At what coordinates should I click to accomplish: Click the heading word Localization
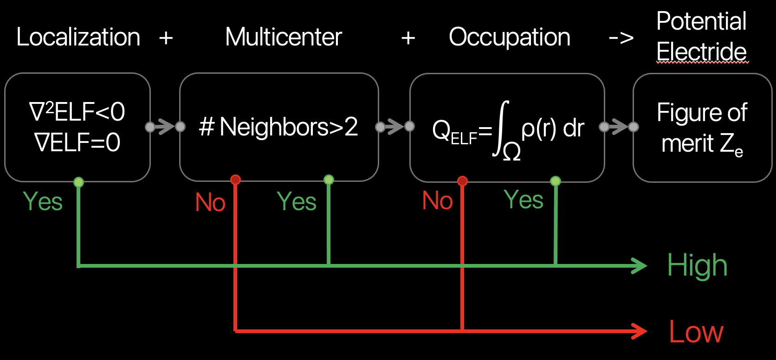pyautogui.click(x=78, y=37)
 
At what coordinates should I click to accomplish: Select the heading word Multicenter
pyautogui.click(x=283, y=37)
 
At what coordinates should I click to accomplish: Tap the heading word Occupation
pyautogui.click(x=509, y=37)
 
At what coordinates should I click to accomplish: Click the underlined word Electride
pyautogui.click(x=701, y=52)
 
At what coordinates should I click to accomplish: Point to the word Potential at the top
pyautogui.click(x=701, y=21)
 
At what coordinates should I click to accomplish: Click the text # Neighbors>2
pyautogui.click(x=278, y=127)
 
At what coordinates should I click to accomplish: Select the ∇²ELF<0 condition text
pyautogui.click(x=77, y=112)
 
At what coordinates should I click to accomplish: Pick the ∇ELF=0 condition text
pyautogui.click(x=77, y=142)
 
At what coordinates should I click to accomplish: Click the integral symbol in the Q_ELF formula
pyautogui.click(x=501, y=128)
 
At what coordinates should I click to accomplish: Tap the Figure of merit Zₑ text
pyautogui.click(x=702, y=128)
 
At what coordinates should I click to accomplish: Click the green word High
pyautogui.click(x=697, y=266)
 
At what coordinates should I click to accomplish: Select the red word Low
pyautogui.click(x=696, y=332)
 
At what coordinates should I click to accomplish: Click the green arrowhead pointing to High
pyautogui.click(x=640, y=266)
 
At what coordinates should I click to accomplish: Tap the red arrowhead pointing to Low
pyautogui.click(x=640, y=331)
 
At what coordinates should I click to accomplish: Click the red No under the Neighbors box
pyautogui.click(x=210, y=202)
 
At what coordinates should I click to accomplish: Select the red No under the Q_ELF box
pyautogui.click(x=437, y=201)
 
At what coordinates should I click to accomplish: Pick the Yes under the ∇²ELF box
pyautogui.click(x=43, y=201)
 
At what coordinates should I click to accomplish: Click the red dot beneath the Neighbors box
pyautogui.click(x=235, y=180)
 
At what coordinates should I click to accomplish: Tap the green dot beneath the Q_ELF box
pyautogui.click(x=555, y=181)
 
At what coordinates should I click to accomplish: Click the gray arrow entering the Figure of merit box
pyautogui.click(x=619, y=127)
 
